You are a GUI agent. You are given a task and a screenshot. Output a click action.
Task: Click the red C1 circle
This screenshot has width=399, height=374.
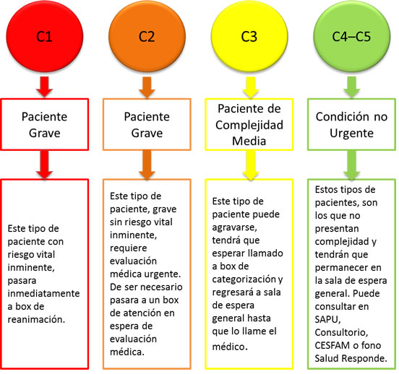click(45, 36)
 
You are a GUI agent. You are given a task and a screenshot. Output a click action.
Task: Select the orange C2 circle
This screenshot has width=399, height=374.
click(147, 36)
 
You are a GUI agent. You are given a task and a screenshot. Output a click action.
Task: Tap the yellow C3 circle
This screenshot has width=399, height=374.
click(249, 36)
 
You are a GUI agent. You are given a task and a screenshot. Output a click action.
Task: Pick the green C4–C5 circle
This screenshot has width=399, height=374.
click(352, 36)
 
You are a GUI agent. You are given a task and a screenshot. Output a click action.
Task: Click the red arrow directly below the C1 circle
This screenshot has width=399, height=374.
click(45, 87)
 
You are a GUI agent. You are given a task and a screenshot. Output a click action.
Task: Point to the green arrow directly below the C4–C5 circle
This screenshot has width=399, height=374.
click(352, 87)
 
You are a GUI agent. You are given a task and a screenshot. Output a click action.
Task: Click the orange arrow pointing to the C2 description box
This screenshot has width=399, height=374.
click(147, 165)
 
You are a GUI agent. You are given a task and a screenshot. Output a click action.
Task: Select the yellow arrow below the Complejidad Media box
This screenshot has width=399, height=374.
click(251, 165)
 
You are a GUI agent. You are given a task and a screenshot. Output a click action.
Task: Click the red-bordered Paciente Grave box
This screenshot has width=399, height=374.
click(45, 124)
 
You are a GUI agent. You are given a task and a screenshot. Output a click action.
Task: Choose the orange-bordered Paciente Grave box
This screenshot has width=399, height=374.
click(147, 124)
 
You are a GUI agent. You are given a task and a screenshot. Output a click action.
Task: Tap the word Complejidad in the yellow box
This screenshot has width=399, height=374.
click(249, 125)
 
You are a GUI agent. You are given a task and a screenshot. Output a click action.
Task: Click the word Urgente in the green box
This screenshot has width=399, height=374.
click(352, 134)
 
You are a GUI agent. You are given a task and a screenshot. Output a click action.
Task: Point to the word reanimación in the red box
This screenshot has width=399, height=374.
click(36, 319)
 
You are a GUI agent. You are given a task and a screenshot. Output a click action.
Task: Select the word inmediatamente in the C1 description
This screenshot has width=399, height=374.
click(43, 293)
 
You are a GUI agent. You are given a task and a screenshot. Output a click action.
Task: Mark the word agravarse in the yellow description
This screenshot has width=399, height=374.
click(234, 227)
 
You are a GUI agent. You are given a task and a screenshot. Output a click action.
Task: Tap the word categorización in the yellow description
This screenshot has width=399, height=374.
click(244, 279)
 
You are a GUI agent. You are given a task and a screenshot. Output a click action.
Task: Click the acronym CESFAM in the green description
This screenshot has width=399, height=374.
click(332, 345)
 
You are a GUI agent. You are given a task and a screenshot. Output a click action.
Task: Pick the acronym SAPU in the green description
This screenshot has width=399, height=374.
click(327, 319)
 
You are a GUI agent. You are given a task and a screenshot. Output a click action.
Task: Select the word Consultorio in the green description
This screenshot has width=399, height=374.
click(341, 332)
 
